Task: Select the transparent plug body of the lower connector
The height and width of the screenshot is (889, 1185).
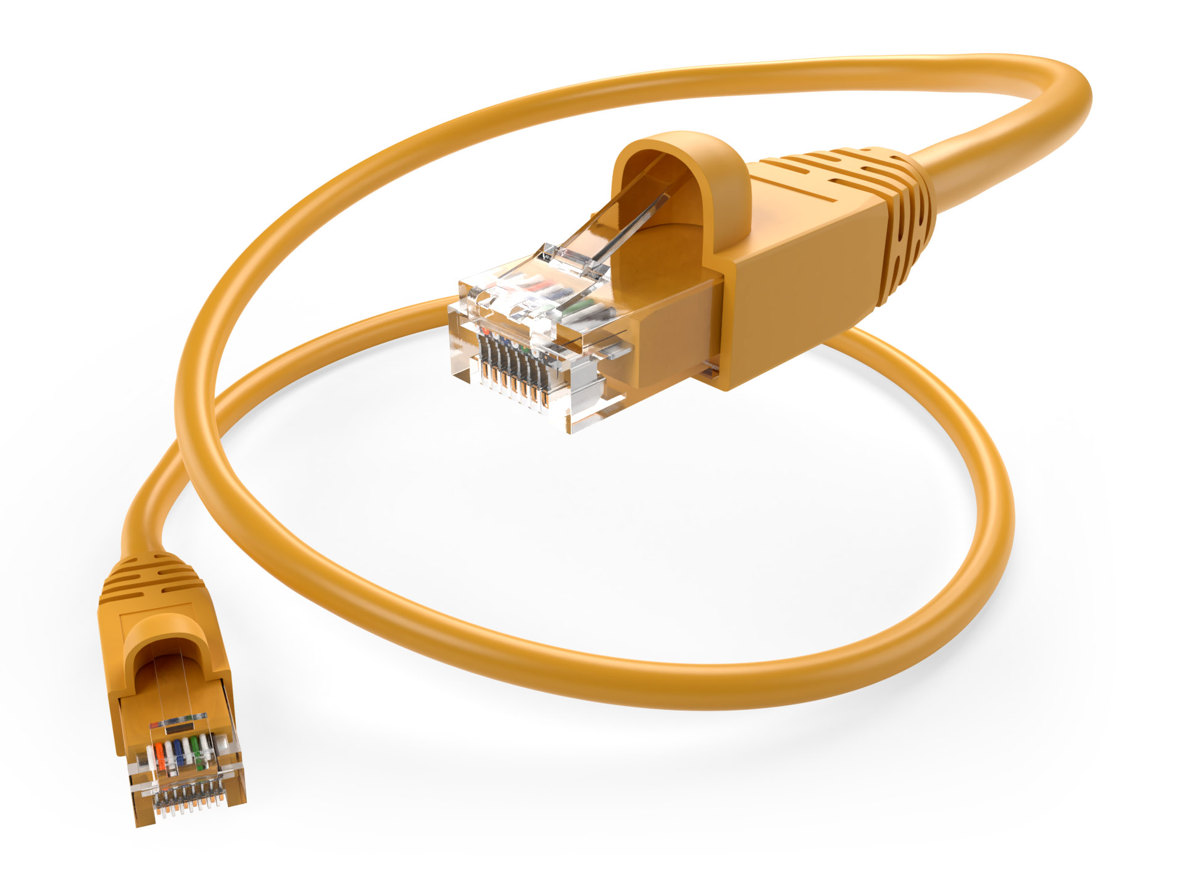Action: (185, 772)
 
